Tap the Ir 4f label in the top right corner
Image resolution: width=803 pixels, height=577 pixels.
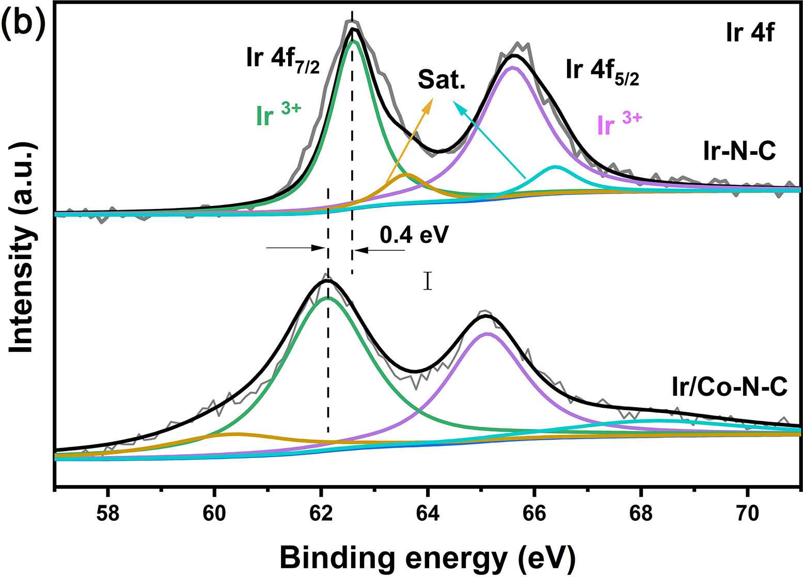[x=749, y=35]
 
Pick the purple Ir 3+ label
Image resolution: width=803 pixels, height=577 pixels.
[x=619, y=124]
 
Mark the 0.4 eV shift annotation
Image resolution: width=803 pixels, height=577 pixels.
[x=412, y=235]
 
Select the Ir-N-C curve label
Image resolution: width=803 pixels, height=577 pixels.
[x=739, y=152]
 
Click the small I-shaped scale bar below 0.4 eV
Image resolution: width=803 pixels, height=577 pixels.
[x=427, y=281]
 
